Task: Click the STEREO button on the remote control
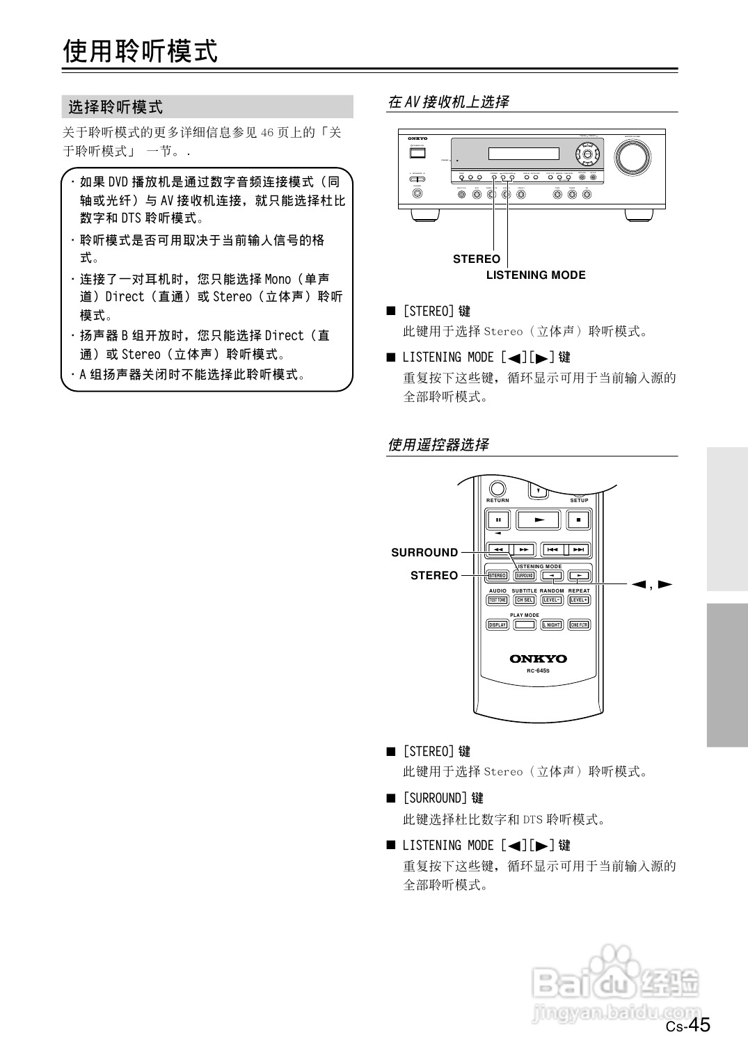pyautogui.click(x=498, y=576)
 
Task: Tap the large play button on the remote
pyautogui.click(x=538, y=520)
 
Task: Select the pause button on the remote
pyautogui.click(x=498, y=520)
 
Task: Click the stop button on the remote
pyautogui.click(x=578, y=520)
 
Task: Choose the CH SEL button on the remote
pyautogui.click(x=525, y=600)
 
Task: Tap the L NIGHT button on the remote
pyautogui.click(x=552, y=625)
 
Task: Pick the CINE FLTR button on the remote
pyautogui.click(x=579, y=625)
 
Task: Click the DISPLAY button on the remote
pyautogui.click(x=498, y=625)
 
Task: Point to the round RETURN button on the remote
pyautogui.click(x=498, y=489)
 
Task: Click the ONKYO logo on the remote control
pyautogui.click(x=538, y=659)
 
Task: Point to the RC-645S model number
pyautogui.click(x=538, y=671)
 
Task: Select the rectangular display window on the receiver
pyautogui.click(x=523, y=154)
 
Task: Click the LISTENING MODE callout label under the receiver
pyautogui.click(x=536, y=275)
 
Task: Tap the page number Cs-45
pyautogui.click(x=688, y=1025)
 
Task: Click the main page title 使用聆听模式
pyautogui.click(x=141, y=51)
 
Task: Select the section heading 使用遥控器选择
pyautogui.click(x=438, y=444)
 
